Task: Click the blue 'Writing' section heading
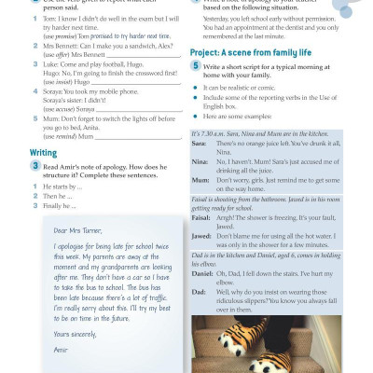44,152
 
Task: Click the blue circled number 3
35,165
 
